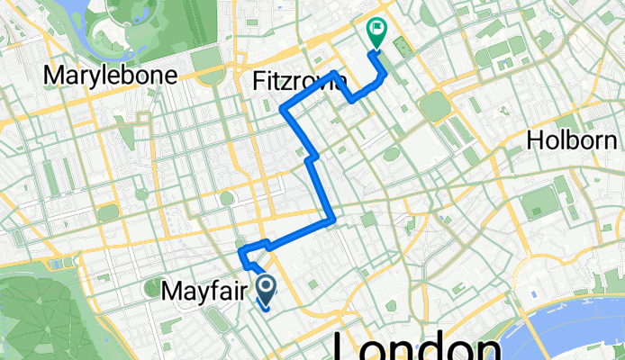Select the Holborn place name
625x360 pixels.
(x=572, y=140)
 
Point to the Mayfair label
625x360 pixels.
(x=204, y=291)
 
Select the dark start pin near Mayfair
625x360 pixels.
(x=267, y=289)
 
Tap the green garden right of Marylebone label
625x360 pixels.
(x=208, y=72)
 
